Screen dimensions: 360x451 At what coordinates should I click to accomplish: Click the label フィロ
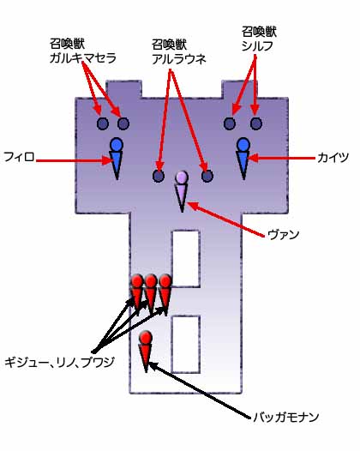(19, 157)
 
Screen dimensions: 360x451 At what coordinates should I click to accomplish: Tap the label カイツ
(333, 158)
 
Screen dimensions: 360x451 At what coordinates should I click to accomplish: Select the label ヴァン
(283, 235)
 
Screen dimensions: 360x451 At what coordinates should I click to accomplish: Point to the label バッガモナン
(285, 417)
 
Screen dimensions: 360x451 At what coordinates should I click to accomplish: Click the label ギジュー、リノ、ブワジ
(59, 362)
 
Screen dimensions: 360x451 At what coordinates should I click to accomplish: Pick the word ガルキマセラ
(83, 58)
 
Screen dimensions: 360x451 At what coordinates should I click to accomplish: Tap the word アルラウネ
(179, 59)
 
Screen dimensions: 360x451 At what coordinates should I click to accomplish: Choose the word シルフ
(257, 46)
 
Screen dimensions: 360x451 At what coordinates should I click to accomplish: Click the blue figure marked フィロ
(117, 159)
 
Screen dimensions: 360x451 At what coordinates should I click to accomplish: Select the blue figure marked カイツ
(243, 159)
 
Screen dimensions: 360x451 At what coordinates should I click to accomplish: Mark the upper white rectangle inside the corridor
(186, 259)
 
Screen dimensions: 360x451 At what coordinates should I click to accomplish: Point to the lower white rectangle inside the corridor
(186, 344)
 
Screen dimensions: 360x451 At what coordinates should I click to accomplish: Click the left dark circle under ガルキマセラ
(103, 123)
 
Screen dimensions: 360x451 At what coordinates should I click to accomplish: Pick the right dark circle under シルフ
(256, 123)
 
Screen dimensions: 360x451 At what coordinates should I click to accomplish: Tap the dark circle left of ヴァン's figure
(159, 176)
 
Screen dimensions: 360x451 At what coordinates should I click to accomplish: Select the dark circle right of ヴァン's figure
(207, 176)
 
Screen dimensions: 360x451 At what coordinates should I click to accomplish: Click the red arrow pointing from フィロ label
(74, 160)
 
